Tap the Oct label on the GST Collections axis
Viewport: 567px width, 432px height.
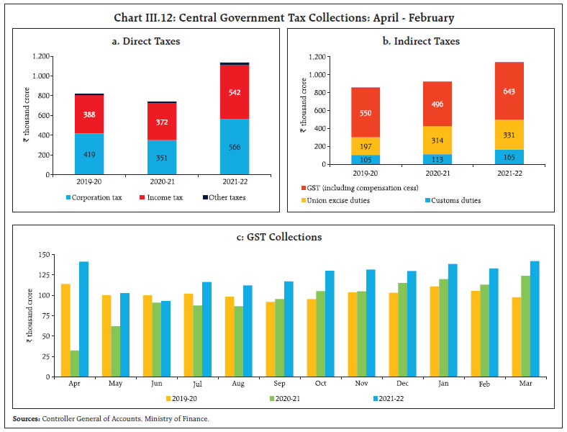pos(321,384)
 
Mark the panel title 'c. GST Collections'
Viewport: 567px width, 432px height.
pos(283,237)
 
